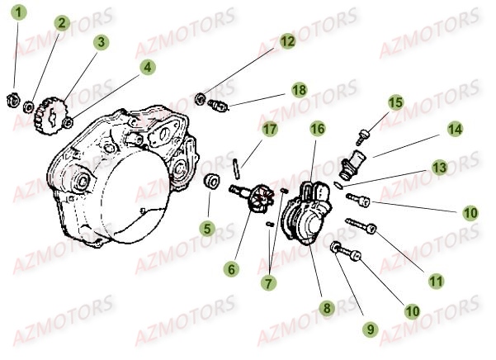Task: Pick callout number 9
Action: click(x=371, y=329)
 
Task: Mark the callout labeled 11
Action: click(x=436, y=281)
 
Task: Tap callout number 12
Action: click(x=286, y=40)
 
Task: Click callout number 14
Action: click(x=455, y=130)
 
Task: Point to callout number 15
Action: click(x=395, y=102)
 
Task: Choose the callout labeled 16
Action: click(x=318, y=129)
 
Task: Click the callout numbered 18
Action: click(x=299, y=88)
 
